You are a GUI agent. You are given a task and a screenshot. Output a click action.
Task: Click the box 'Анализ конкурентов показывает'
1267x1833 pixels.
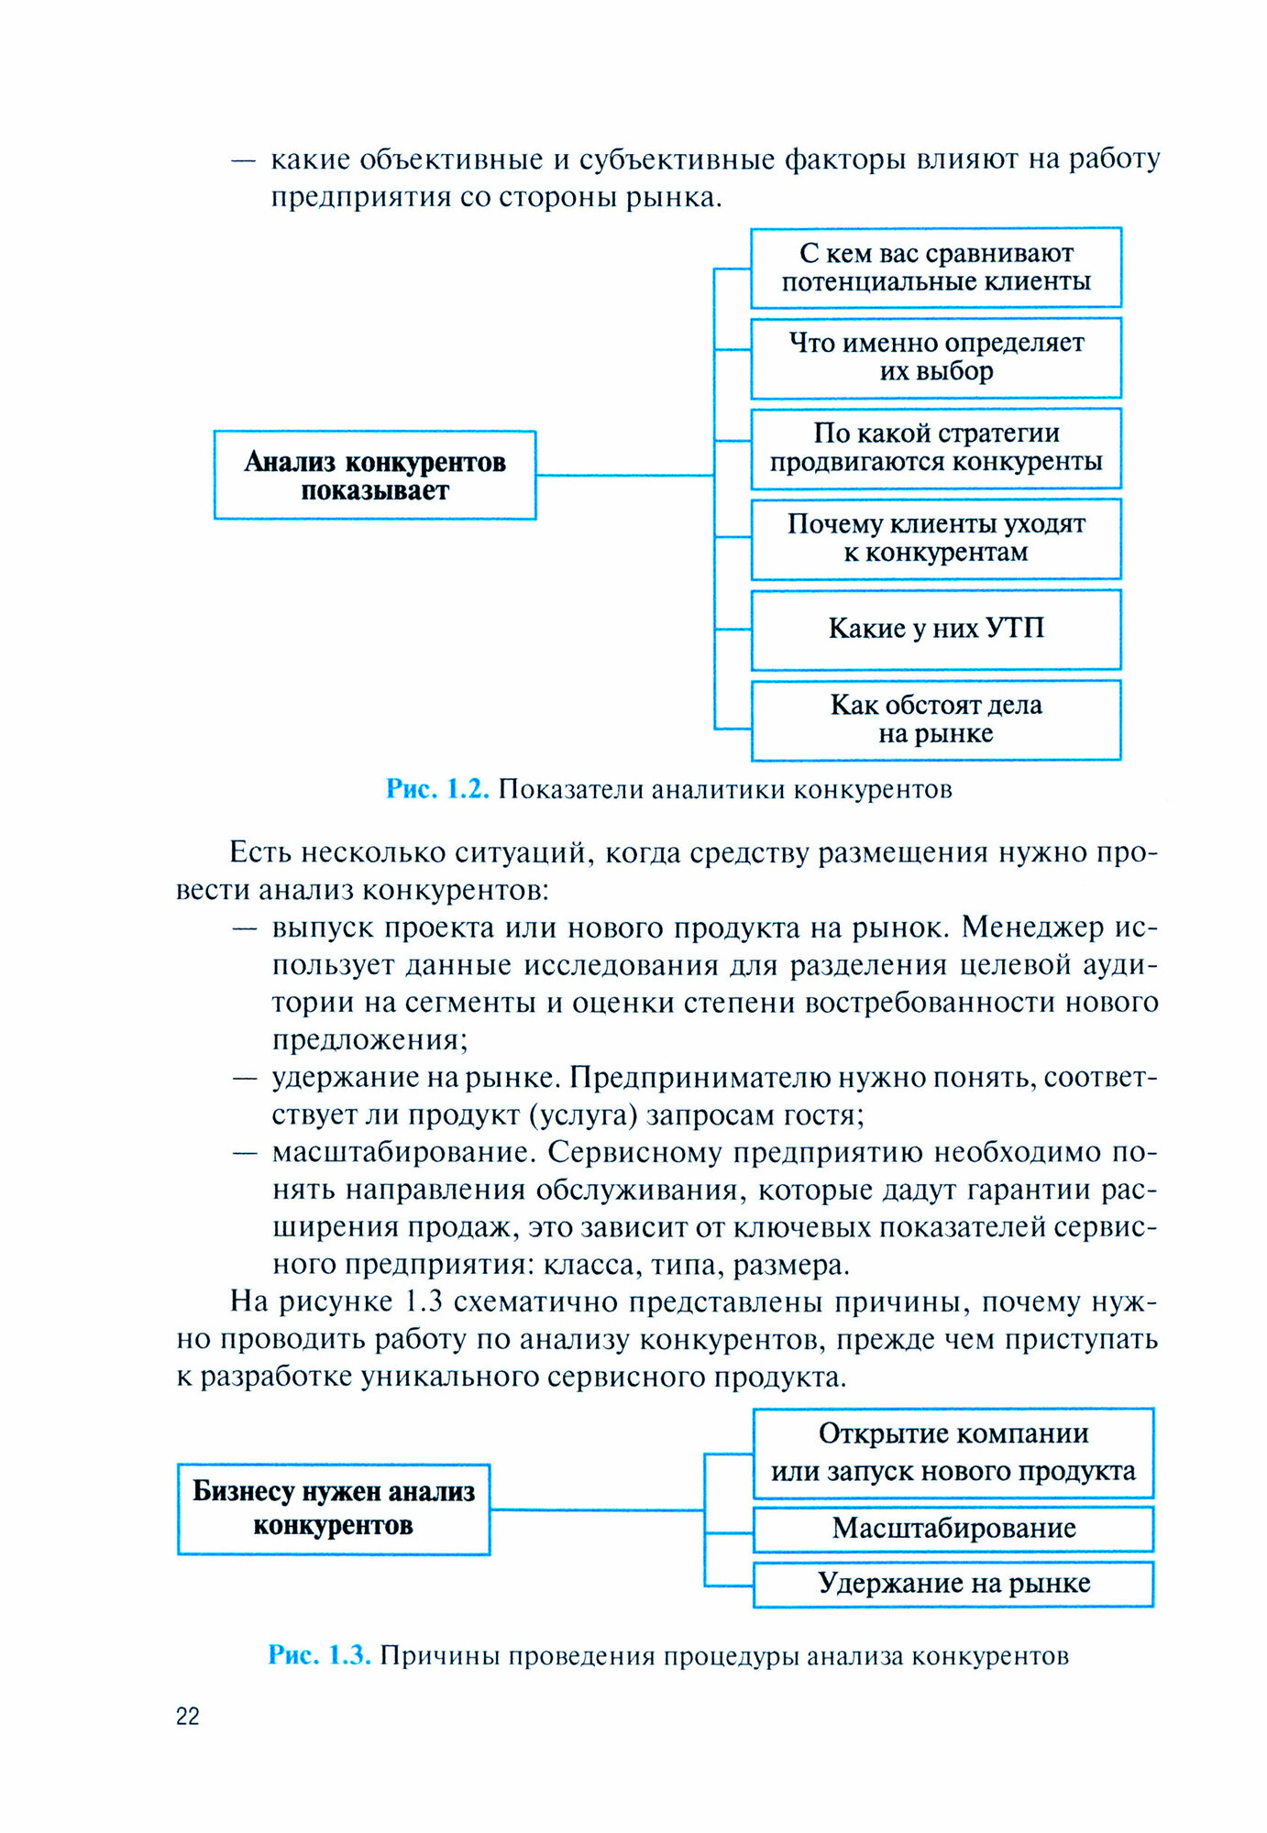tap(375, 475)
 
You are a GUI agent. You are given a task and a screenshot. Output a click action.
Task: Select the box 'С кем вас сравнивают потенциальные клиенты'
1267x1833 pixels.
tap(936, 268)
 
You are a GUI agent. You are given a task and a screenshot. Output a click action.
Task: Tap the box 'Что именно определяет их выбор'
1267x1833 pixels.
tap(936, 357)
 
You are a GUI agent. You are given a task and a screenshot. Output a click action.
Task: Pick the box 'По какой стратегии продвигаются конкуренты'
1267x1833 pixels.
tap(936, 447)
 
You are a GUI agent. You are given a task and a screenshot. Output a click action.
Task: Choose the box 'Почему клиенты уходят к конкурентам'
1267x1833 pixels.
tap(936, 538)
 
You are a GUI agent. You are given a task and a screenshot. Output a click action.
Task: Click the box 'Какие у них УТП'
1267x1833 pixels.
tap(936, 629)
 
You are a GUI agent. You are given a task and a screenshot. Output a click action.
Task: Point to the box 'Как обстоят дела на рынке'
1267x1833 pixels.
tap(936, 719)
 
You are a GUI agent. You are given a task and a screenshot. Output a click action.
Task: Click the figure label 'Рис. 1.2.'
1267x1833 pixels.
tap(437, 789)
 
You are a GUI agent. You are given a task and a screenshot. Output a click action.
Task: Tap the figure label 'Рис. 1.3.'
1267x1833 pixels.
tap(319, 1655)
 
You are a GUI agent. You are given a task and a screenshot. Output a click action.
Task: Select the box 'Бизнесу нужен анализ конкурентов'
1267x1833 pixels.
tap(334, 1509)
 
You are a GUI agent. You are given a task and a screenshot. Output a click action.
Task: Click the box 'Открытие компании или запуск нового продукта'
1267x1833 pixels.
tap(953, 1453)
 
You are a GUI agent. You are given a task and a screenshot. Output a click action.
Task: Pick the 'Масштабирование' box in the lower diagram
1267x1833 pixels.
tap(953, 1529)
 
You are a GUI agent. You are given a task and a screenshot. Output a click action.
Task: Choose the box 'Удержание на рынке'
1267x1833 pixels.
tap(953, 1584)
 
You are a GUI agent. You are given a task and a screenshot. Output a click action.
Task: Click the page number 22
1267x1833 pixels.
tap(188, 1717)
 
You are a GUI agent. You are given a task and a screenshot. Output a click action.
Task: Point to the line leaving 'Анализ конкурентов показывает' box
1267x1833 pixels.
tap(623, 475)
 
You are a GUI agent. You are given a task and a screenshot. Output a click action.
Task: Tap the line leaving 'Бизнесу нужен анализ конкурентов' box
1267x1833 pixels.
tap(596, 1509)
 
